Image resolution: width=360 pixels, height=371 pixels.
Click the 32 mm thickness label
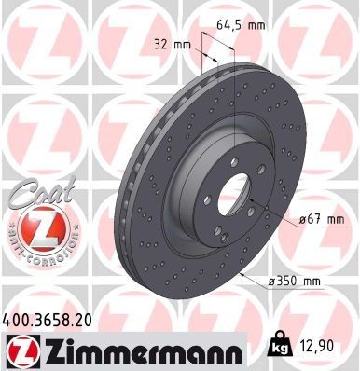click(168, 43)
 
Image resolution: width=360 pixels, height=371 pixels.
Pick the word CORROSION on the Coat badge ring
click(36, 255)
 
